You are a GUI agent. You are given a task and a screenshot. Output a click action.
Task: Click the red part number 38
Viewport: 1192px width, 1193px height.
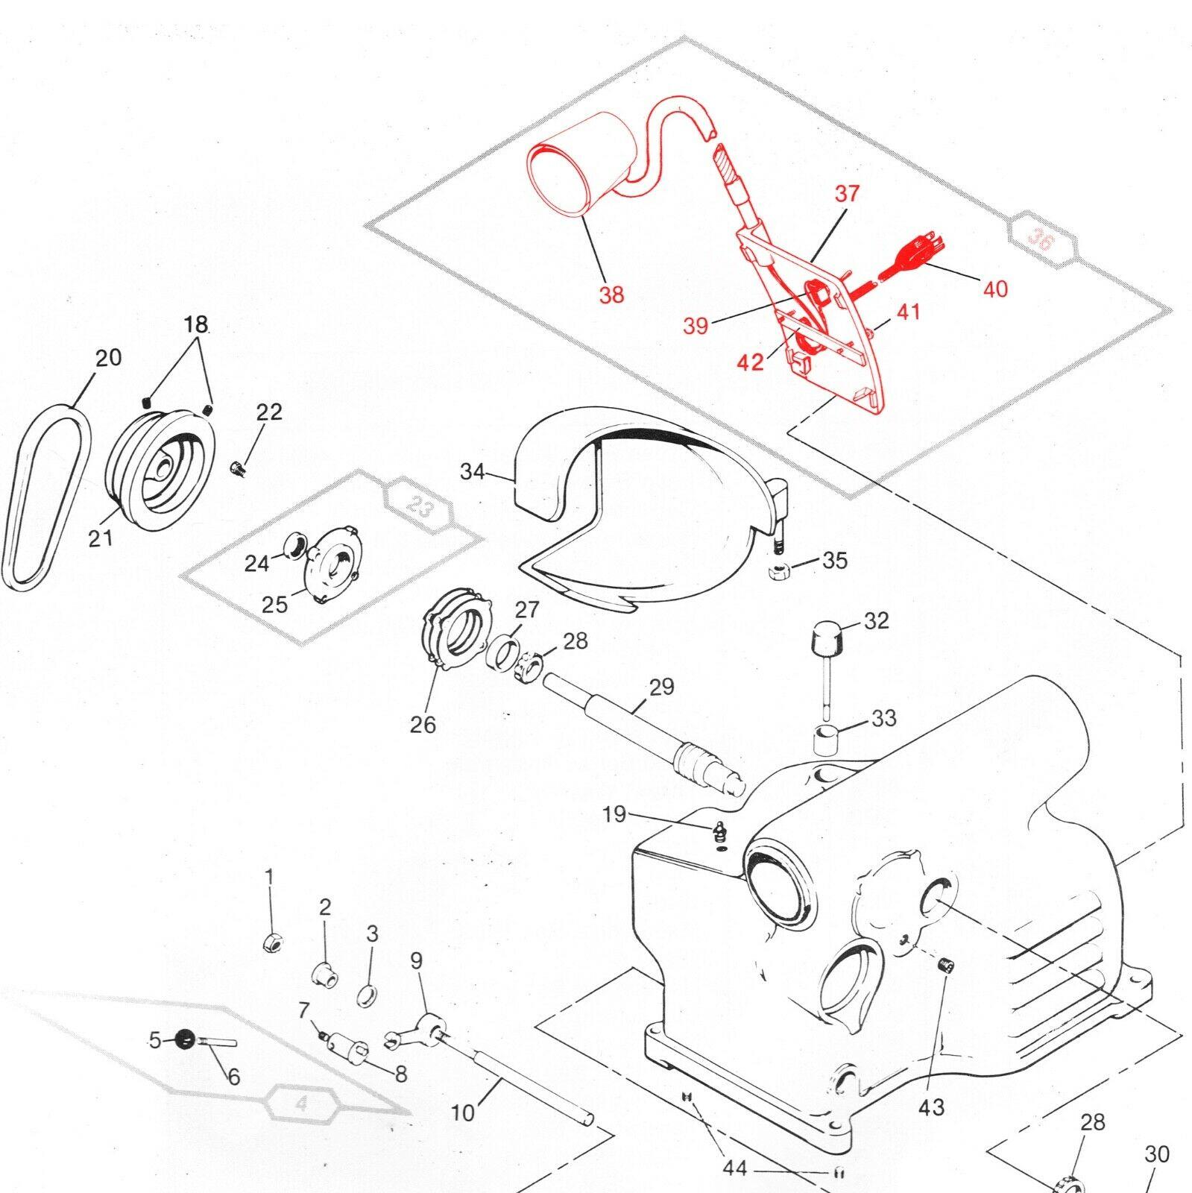pos(611,295)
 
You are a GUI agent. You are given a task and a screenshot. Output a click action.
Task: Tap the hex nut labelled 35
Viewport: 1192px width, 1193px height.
pos(778,572)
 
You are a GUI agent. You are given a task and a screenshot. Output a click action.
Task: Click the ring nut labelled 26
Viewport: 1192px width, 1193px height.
pos(454,628)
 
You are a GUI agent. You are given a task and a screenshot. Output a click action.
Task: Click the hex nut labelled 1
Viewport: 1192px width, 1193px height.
pos(272,942)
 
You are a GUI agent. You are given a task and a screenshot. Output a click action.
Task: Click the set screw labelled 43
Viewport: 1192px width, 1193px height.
pos(947,967)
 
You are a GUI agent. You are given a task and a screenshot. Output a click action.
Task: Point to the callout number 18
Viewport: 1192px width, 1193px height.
pos(195,324)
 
